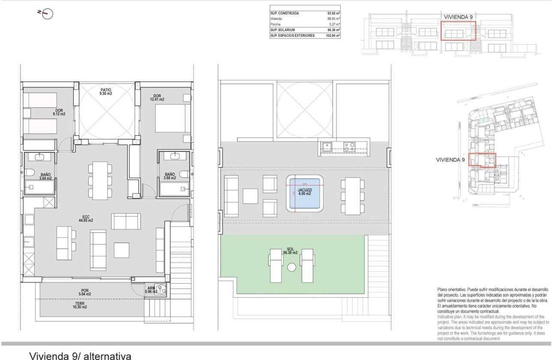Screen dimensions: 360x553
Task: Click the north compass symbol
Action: click(47, 14)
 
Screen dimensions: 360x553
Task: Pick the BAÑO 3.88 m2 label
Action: click(170, 176)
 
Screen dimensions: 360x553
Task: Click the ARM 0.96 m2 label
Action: click(151, 290)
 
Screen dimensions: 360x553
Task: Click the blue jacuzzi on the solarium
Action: click(304, 193)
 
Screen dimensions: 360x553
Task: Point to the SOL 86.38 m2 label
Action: click(290, 251)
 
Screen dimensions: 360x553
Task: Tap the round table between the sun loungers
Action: click(292, 267)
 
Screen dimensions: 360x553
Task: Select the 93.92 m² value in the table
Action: click(334, 13)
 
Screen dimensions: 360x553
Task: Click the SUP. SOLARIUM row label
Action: click(281, 30)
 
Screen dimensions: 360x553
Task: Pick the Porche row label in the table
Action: click(276, 24)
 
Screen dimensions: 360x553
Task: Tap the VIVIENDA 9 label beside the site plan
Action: click(450, 159)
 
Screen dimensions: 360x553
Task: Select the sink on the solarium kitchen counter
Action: click(327, 147)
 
